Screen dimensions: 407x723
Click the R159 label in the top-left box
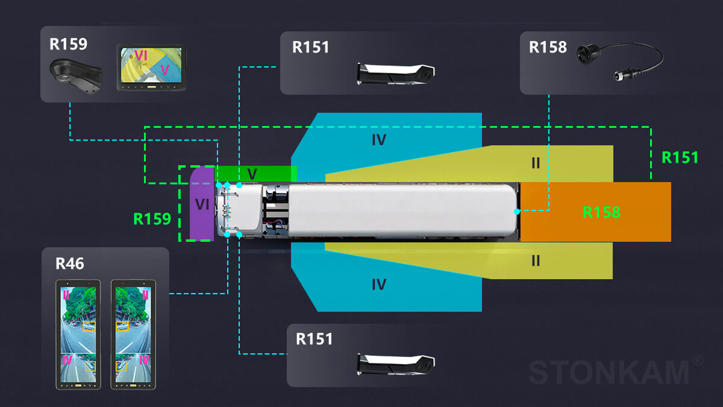(69, 44)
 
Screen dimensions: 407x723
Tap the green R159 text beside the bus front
(152, 219)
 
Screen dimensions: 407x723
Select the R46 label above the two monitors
(70, 263)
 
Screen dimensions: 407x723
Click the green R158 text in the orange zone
(601, 212)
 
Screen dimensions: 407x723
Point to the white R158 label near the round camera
(548, 47)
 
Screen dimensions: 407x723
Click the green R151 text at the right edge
(680, 157)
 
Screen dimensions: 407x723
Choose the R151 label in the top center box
(311, 47)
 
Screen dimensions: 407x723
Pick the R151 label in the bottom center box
(315, 339)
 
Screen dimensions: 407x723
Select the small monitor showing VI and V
(151, 68)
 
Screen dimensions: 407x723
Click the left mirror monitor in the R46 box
(78, 335)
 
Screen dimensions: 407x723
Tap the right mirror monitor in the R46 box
(133, 335)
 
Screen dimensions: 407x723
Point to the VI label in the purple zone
(202, 204)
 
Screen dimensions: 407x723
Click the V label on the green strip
(252, 174)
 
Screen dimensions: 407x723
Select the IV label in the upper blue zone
(378, 140)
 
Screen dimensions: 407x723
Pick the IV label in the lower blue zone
(378, 284)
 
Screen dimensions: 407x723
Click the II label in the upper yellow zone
(536, 163)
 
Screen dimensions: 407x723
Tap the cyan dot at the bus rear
(517, 212)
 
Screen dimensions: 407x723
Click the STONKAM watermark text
(609, 372)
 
